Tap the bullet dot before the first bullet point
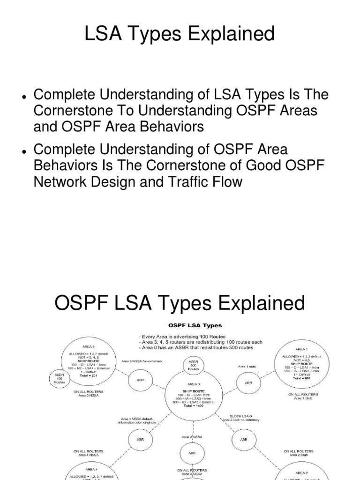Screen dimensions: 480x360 (x=23, y=97)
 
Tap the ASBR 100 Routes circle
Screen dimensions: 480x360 (x=60, y=378)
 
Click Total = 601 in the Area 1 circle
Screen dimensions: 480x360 (x=302, y=377)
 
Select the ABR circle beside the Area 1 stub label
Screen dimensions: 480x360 (x=248, y=382)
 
